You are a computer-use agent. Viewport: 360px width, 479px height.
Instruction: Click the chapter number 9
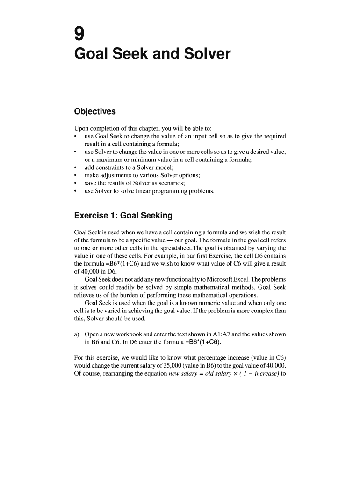(x=79, y=34)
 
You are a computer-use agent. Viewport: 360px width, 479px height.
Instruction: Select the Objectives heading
(x=95, y=112)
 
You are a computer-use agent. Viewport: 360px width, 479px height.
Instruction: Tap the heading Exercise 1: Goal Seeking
(x=123, y=216)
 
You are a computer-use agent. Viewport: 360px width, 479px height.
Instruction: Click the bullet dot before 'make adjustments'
(x=76, y=175)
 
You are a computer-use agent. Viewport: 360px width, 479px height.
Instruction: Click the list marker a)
(x=78, y=334)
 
